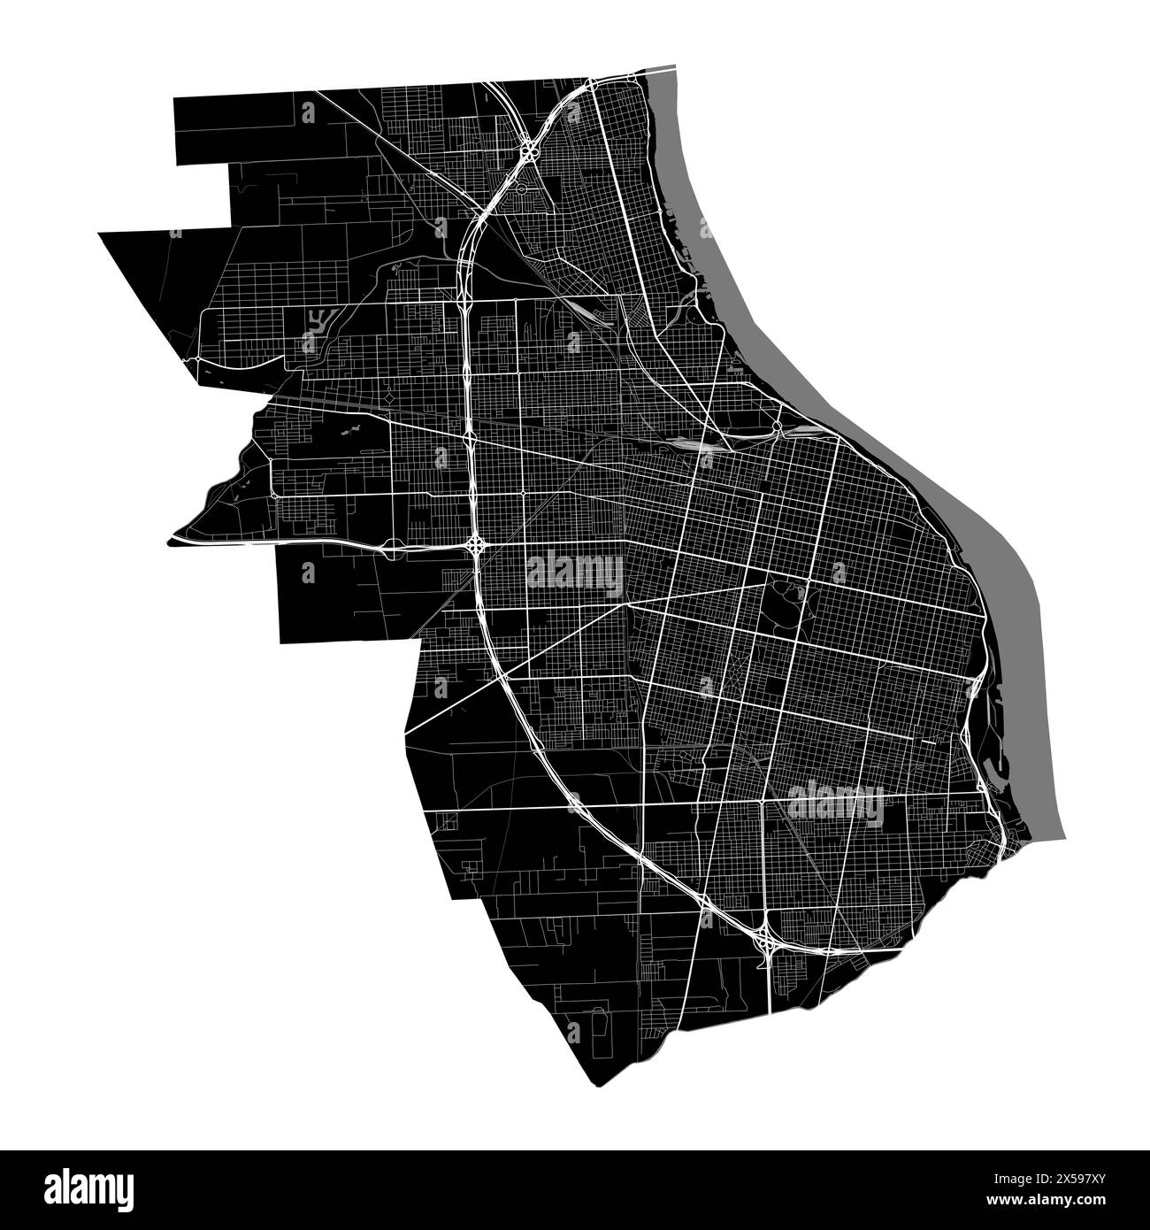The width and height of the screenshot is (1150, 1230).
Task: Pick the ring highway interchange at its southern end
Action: click(765, 944)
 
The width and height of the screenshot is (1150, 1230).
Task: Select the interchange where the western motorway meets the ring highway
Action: click(476, 543)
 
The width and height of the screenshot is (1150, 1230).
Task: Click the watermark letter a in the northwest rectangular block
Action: click(308, 112)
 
